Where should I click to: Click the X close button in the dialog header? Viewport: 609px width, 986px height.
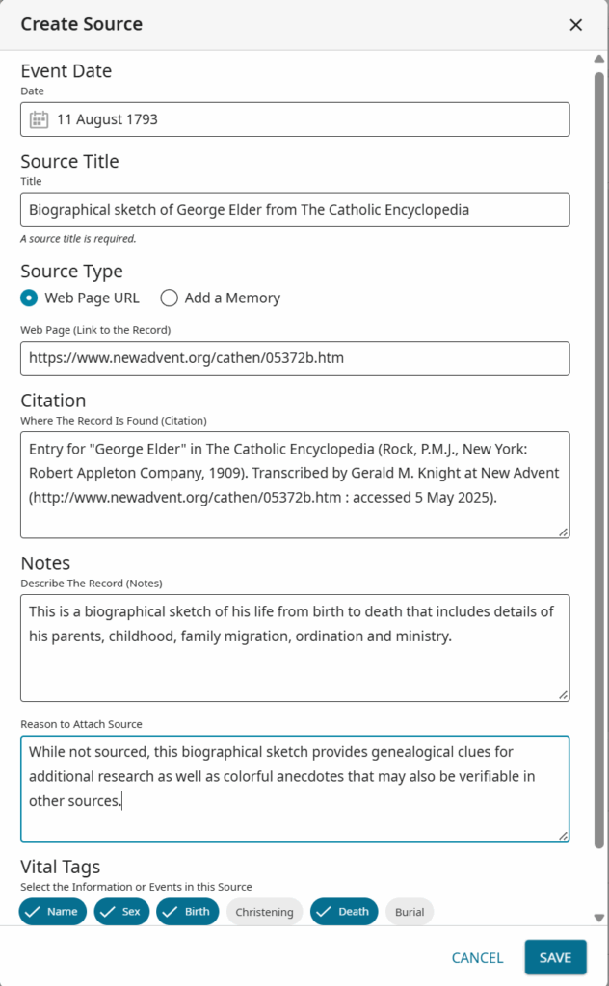point(575,25)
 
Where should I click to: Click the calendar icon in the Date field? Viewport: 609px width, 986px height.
point(39,119)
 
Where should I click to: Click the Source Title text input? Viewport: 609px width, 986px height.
point(294,209)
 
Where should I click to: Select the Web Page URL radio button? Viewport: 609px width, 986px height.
point(29,298)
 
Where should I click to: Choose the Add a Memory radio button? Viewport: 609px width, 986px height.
point(169,298)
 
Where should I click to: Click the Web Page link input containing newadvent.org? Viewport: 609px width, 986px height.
point(294,358)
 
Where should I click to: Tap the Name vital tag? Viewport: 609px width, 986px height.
point(53,912)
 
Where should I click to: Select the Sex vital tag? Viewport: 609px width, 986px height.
point(121,912)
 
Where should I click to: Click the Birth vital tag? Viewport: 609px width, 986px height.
point(187,912)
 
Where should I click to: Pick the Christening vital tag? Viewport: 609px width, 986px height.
point(264,912)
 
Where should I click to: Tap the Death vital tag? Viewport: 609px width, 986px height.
point(343,912)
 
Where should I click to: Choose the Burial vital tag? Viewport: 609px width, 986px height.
point(410,912)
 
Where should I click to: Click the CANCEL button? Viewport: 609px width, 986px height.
point(477,957)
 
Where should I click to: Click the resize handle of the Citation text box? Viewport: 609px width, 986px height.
point(563,532)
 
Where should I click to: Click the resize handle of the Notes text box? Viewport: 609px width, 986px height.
point(563,694)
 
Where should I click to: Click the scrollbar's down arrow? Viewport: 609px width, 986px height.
point(599,918)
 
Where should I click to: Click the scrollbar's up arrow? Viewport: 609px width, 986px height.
point(599,60)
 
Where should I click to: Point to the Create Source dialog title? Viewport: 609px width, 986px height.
point(81,24)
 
